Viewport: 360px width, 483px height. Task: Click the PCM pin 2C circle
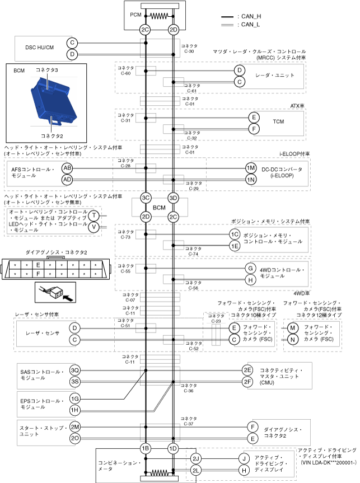(x=145, y=29)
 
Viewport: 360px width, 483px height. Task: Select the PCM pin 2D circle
(x=173, y=29)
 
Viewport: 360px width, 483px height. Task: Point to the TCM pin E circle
(x=254, y=118)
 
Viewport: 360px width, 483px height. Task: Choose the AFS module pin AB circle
(x=67, y=168)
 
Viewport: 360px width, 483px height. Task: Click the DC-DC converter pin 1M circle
(x=250, y=168)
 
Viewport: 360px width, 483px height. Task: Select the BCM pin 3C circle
(x=145, y=198)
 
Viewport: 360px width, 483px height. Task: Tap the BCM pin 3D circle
(x=173, y=198)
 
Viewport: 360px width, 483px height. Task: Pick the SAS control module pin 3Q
(x=75, y=371)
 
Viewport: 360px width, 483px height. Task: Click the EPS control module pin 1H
(x=75, y=410)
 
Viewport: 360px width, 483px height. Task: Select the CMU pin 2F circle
(x=247, y=382)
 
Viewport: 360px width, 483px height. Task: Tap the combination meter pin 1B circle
(x=145, y=448)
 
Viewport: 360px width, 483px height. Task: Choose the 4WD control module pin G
(x=250, y=268)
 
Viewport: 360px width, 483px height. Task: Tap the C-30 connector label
(x=189, y=49)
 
